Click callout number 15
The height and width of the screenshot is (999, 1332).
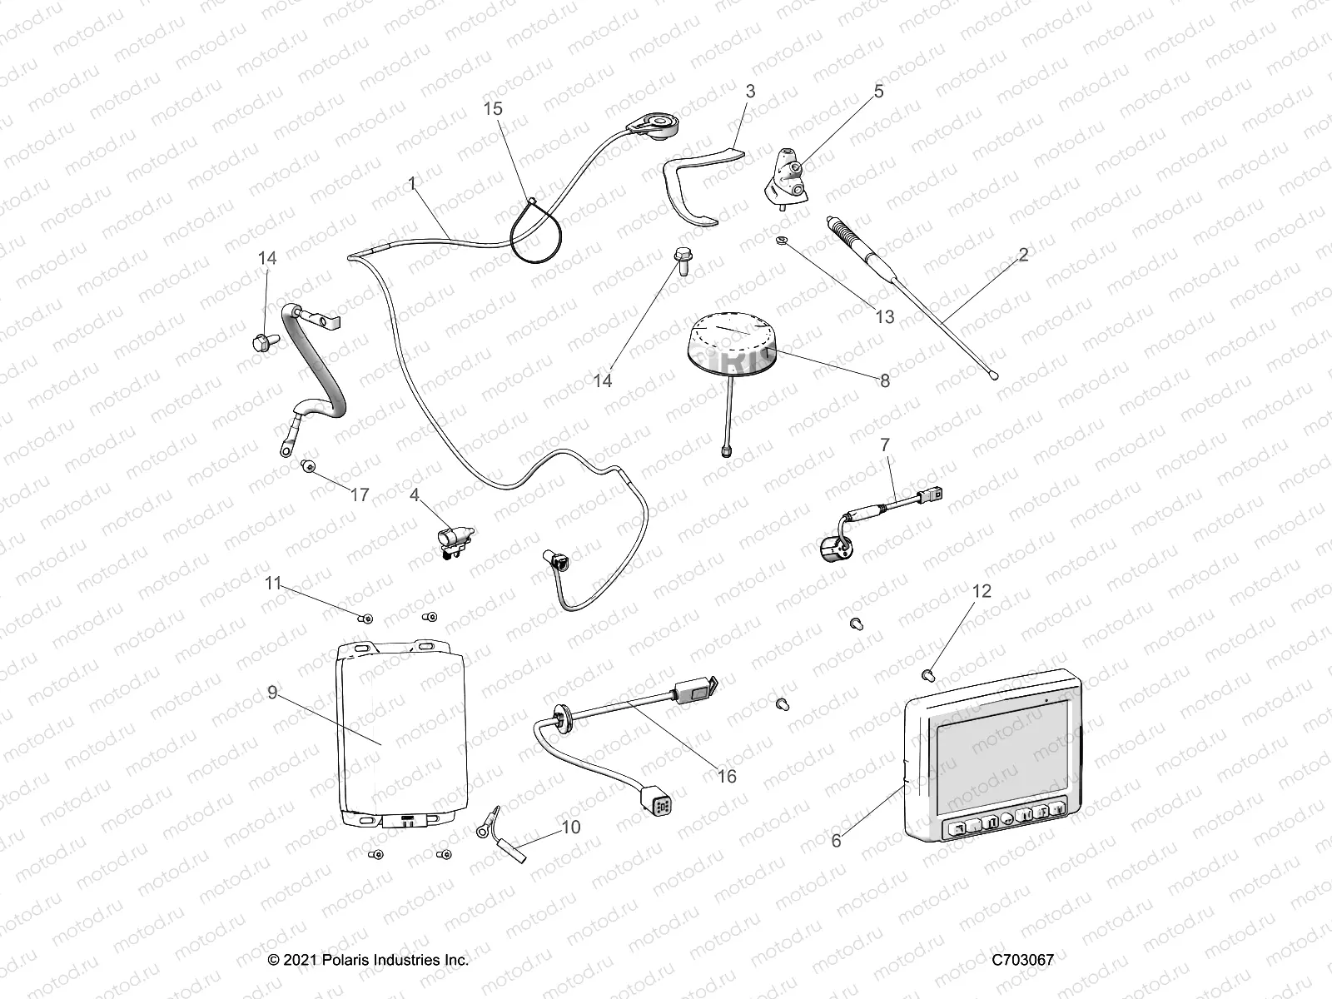tap(494, 109)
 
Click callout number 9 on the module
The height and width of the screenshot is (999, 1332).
tap(272, 692)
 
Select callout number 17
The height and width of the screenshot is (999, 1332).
tap(359, 495)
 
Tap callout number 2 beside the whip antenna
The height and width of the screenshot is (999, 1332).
tap(1023, 254)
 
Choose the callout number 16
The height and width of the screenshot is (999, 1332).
tap(727, 776)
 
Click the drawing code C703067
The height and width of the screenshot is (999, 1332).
tap(1022, 960)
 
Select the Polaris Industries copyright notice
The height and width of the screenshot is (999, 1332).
tap(369, 960)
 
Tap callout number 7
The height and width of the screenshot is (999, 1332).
tap(885, 445)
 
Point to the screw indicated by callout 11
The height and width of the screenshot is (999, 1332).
tap(367, 618)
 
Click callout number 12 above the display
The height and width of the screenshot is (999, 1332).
tap(982, 591)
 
